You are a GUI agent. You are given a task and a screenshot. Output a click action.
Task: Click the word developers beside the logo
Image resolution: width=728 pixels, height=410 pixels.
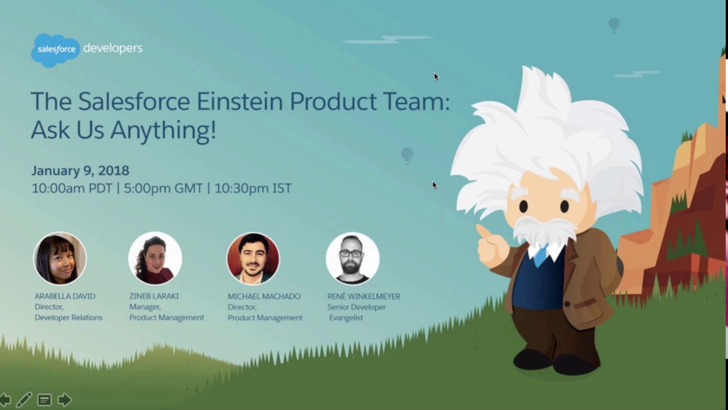113,48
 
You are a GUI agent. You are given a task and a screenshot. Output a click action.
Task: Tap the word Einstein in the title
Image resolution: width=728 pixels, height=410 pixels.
239,101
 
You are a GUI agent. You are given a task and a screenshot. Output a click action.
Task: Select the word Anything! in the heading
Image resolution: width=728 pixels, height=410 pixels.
163,130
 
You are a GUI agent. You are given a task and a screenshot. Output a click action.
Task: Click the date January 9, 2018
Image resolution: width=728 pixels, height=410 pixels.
80,170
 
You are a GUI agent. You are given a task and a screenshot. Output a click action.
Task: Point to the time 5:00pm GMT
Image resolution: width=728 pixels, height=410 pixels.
163,188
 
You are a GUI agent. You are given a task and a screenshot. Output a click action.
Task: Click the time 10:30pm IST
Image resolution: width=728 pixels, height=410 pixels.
253,188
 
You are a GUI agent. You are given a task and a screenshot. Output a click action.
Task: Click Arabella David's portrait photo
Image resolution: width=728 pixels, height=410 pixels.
60,258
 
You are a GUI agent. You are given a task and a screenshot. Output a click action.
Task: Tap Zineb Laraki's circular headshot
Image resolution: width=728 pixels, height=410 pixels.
155,258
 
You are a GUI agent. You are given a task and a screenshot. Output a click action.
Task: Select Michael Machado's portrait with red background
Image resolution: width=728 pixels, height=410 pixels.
253,258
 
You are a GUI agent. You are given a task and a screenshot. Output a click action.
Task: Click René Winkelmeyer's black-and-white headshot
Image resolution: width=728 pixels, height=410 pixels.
352,258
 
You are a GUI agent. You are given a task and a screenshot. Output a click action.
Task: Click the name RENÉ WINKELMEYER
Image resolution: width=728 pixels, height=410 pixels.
363,296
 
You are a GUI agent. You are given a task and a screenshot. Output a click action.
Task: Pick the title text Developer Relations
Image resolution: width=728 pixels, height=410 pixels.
68,318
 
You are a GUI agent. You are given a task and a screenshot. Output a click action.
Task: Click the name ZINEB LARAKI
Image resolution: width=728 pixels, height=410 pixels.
154,296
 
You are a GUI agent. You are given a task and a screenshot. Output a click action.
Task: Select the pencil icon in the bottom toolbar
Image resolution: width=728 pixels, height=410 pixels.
24,400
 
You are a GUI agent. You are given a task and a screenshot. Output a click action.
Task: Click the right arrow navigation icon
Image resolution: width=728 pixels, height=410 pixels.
64,400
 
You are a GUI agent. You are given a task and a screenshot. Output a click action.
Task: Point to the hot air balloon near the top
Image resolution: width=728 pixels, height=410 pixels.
614,24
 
